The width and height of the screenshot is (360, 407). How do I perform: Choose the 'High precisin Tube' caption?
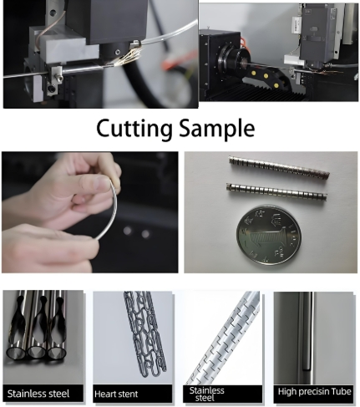(x=314, y=392)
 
